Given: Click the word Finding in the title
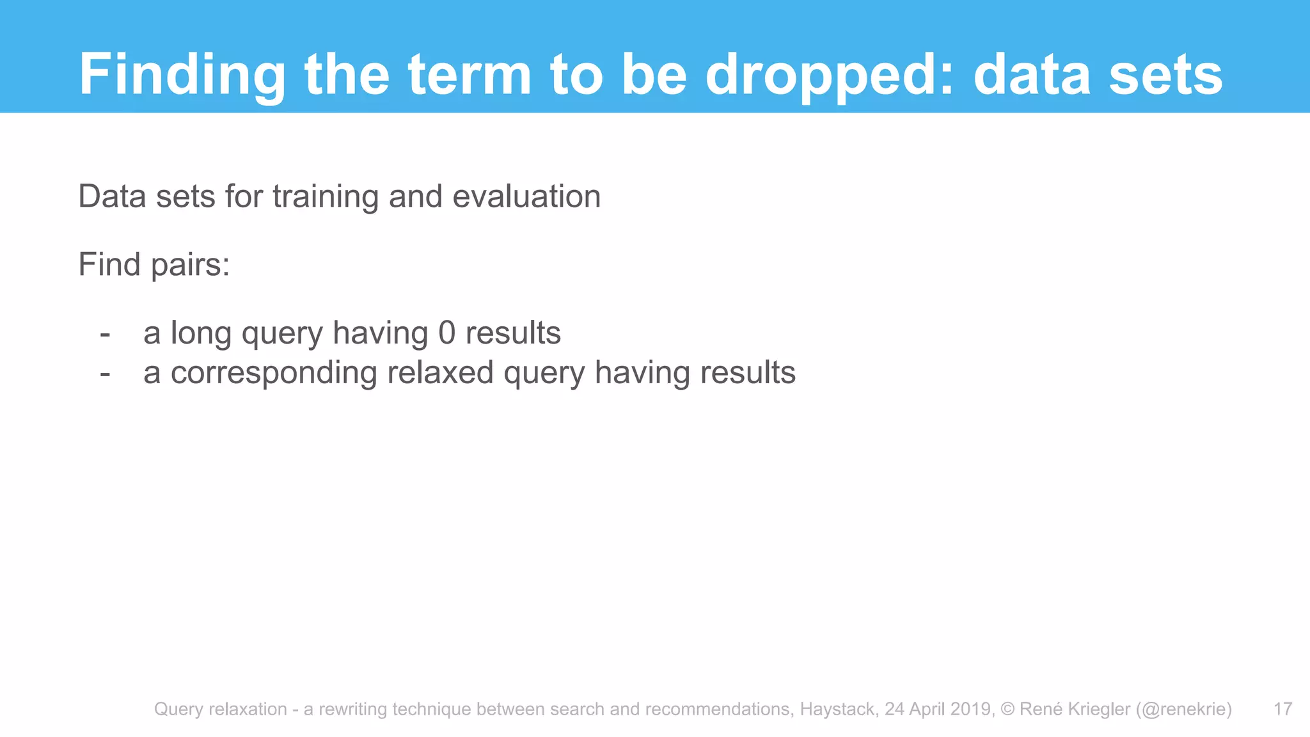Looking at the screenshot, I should pos(182,75).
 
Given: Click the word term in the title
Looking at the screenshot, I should pos(470,75).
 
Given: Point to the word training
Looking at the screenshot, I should pos(326,196).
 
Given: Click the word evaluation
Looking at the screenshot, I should pos(526,196).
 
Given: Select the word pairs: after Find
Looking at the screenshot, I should pos(190,265).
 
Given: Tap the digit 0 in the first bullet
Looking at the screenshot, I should pos(447,333).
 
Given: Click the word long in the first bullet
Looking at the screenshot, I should pos(201,333).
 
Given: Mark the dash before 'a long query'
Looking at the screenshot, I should pos(106,333).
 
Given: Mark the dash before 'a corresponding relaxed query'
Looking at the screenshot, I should pos(106,373).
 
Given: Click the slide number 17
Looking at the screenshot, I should pos(1283,709).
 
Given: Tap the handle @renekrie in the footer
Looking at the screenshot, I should pos(1184,709).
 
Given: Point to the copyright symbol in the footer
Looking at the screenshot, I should pos(1007,709).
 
